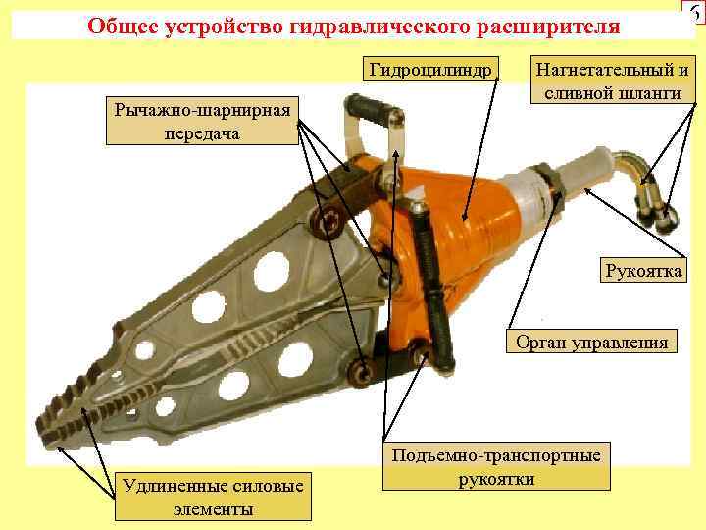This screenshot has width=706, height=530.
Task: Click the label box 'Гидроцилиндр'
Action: (x=430, y=69)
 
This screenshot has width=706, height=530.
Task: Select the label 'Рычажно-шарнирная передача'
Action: (x=202, y=121)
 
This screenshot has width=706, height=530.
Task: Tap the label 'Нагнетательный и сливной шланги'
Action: (x=612, y=80)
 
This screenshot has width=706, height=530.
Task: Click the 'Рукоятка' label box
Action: (x=643, y=270)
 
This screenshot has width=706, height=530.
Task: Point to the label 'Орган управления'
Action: (x=591, y=342)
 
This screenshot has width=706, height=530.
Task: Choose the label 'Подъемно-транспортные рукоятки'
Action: (x=496, y=466)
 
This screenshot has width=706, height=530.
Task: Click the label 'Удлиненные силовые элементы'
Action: (x=213, y=497)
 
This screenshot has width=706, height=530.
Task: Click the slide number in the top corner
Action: (x=694, y=12)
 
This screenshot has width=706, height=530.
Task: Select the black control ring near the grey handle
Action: (x=546, y=185)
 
